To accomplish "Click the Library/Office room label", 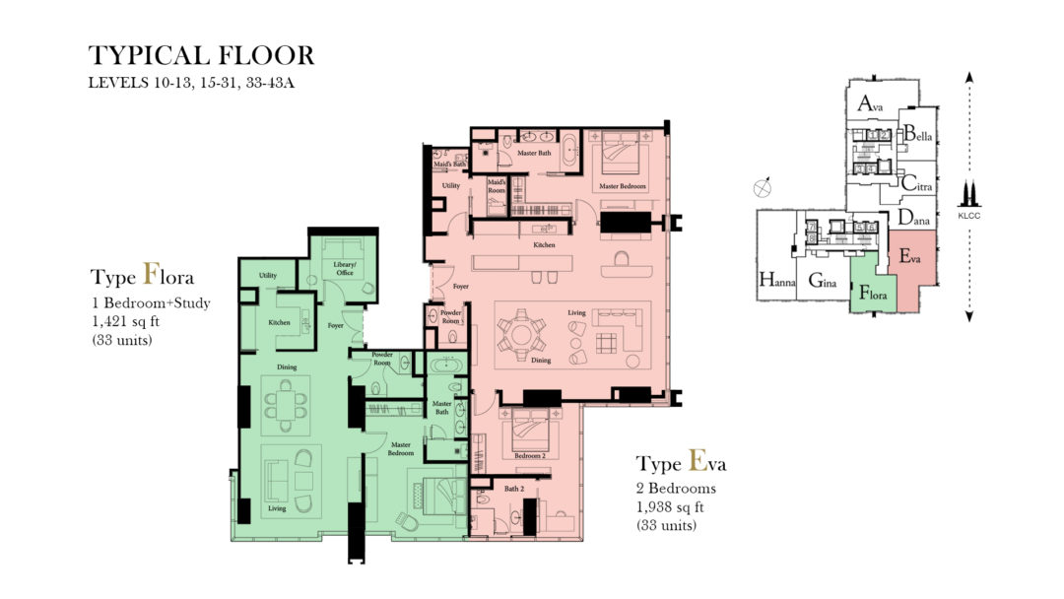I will pyautogui.click(x=344, y=268).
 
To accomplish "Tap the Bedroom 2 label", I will pyautogui.click(x=529, y=456).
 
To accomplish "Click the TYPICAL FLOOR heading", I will pyautogui.click(x=201, y=55).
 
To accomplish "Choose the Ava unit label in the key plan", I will pyautogui.click(x=868, y=103).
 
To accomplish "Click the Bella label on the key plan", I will pyautogui.click(x=917, y=134).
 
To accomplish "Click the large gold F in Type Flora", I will pyautogui.click(x=152, y=273).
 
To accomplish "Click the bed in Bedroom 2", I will pyautogui.click(x=530, y=430).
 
